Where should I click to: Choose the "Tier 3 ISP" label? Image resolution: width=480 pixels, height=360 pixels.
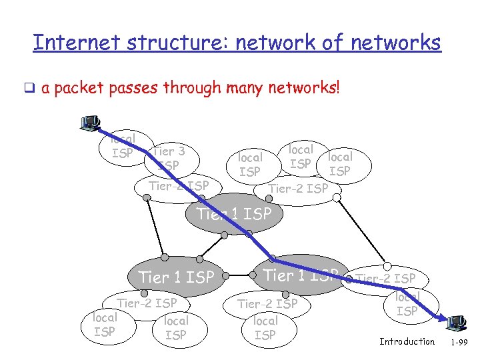click(x=169, y=158)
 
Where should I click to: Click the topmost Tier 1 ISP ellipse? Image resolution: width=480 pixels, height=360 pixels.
click(x=234, y=214)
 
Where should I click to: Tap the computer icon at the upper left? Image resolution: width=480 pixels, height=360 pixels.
click(x=89, y=123)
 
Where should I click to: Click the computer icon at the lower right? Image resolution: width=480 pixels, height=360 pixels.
click(x=457, y=323)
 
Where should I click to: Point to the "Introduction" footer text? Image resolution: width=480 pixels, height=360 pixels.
click(x=407, y=342)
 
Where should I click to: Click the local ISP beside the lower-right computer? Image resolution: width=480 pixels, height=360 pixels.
click(x=407, y=304)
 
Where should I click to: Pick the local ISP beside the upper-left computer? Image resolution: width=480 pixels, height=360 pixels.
click(x=122, y=147)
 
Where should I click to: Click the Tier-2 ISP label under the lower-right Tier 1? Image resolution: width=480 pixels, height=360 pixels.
click(x=267, y=304)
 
